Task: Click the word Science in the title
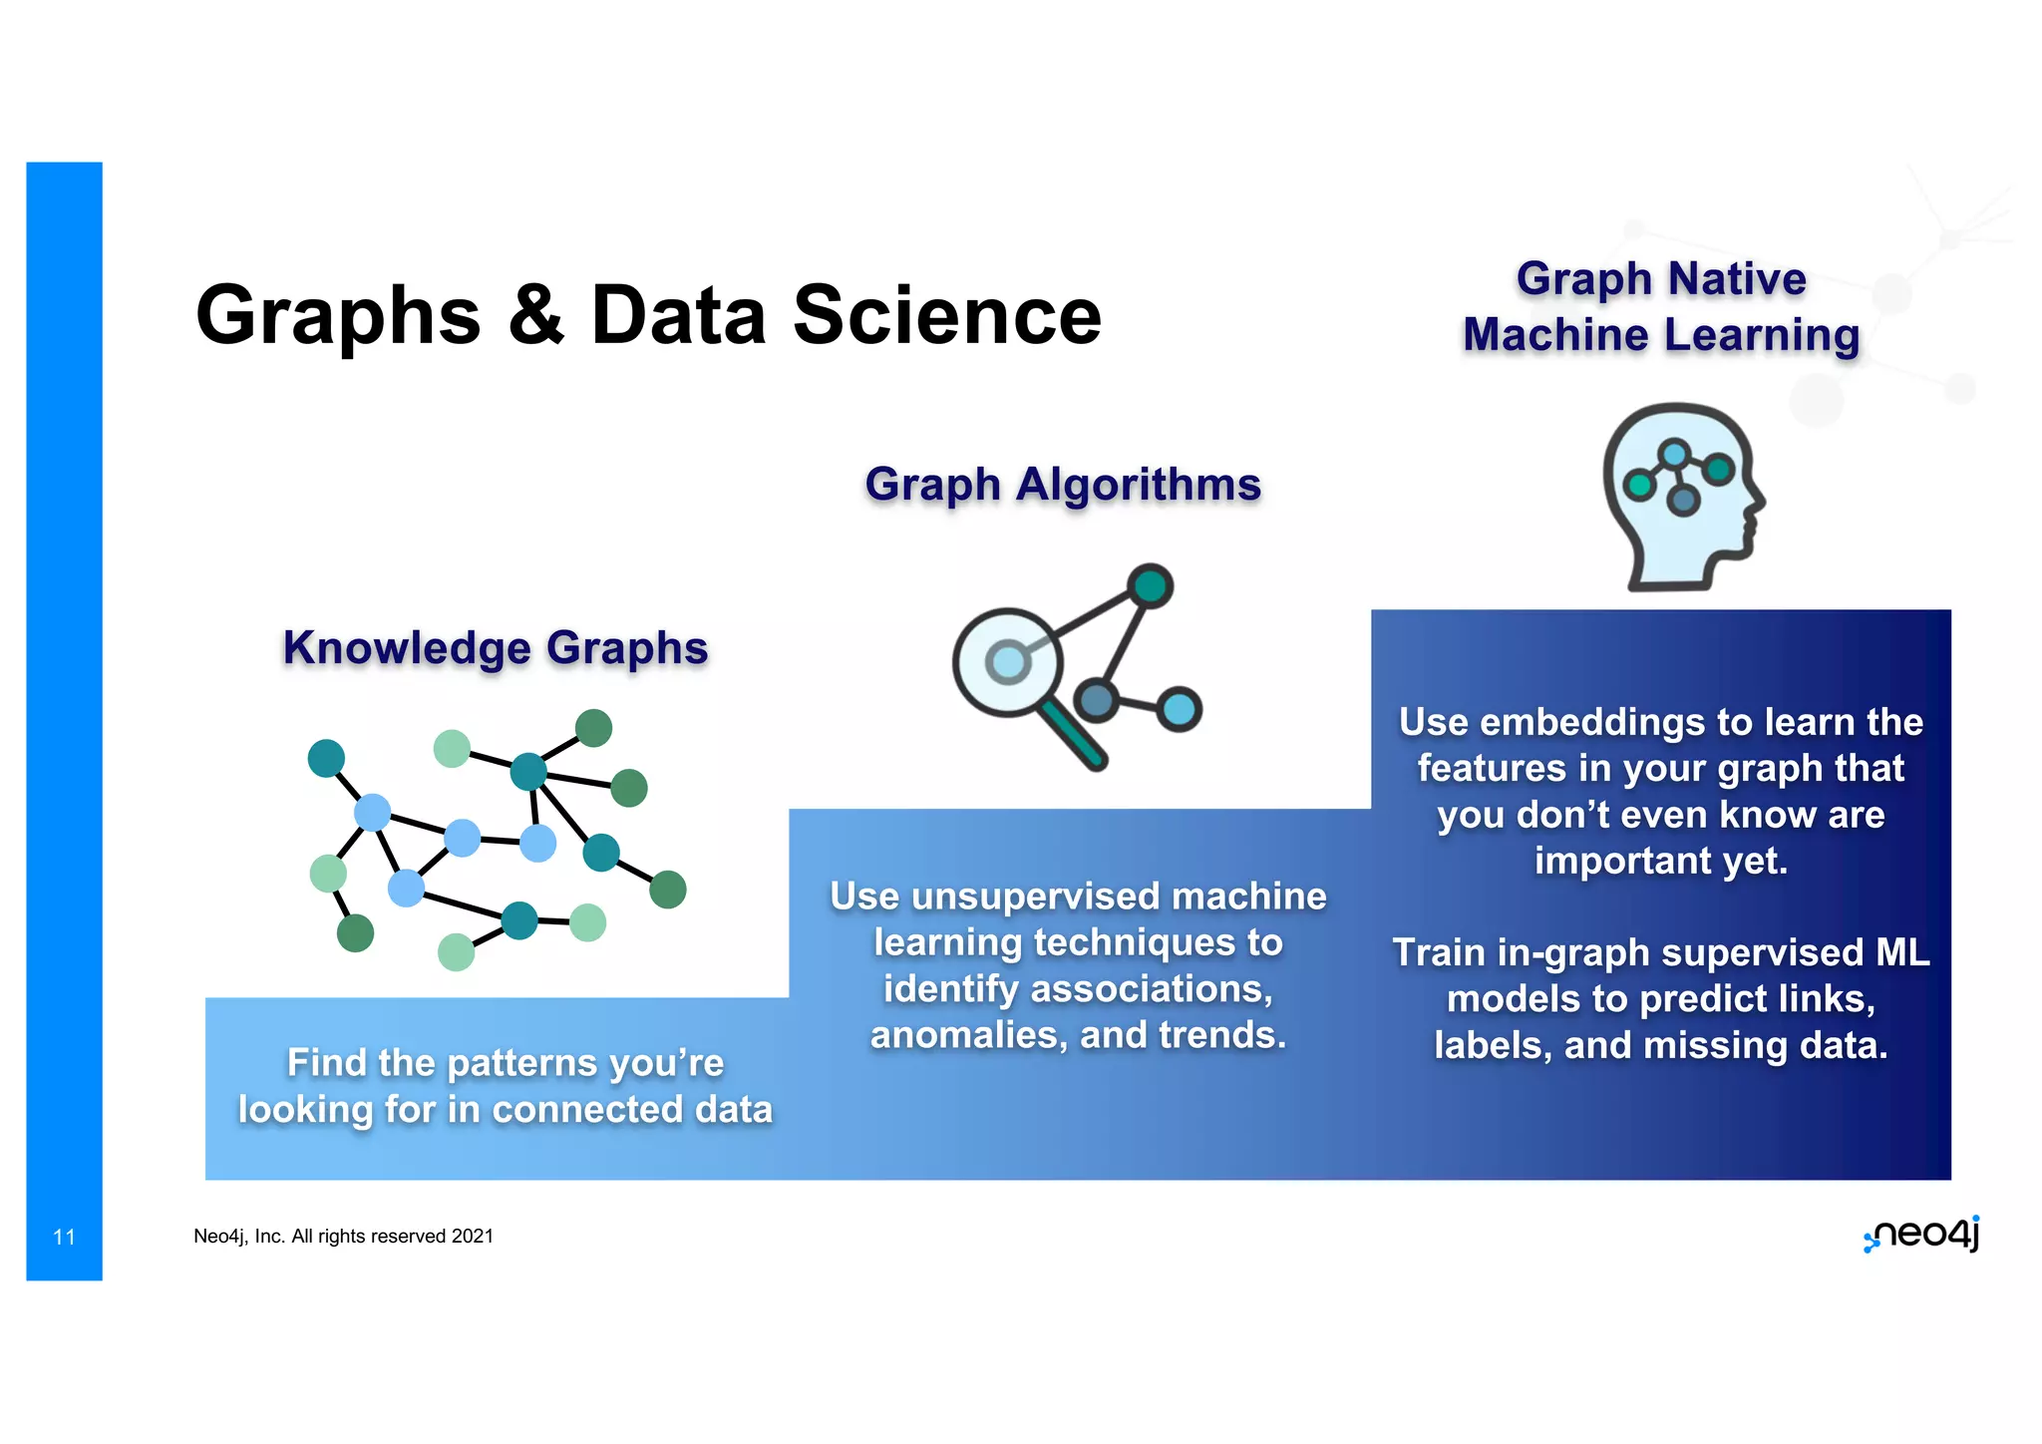click(x=946, y=315)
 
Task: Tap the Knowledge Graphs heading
click(x=496, y=647)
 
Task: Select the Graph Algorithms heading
click(x=1063, y=485)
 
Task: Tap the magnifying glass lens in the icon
click(x=1007, y=662)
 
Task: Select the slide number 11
click(x=64, y=1237)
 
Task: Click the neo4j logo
click(x=1921, y=1235)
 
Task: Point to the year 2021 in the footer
click(x=473, y=1237)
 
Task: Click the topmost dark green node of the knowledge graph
click(x=593, y=728)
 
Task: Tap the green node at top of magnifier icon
click(x=1151, y=585)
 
